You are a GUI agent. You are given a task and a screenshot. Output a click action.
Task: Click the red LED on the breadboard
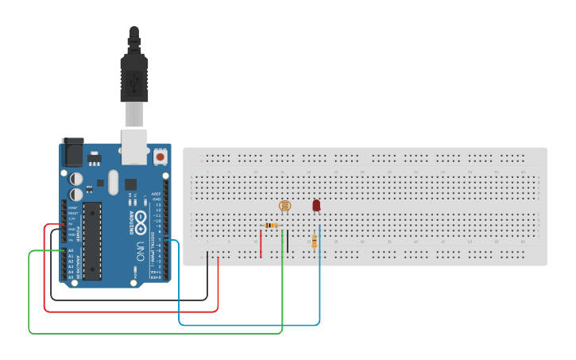click(x=316, y=206)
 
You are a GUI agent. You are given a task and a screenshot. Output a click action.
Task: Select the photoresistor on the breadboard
click(x=284, y=206)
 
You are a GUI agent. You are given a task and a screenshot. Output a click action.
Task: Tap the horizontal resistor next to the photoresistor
click(x=273, y=226)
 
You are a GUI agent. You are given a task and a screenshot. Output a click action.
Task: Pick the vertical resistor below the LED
click(x=315, y=241)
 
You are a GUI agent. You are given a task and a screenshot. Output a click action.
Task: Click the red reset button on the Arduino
click(x=160, y=157)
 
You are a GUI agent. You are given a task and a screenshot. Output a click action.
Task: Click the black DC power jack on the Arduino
click(x=72, y=152)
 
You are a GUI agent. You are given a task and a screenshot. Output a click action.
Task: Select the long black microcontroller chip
click(x=93, y=241)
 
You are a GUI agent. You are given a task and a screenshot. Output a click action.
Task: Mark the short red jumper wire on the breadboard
click(x=261, y=242)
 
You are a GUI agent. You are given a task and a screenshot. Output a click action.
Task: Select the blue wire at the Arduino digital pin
click(x=179, y=286)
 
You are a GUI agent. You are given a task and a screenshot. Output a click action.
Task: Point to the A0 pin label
click(x=71, y=250)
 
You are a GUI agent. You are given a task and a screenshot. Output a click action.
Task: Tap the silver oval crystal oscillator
click(x=112, y=181)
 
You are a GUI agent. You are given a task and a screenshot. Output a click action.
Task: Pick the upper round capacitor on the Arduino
click(x=76, y=180)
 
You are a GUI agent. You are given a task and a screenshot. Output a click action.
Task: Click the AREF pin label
click(x=157, y=194)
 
